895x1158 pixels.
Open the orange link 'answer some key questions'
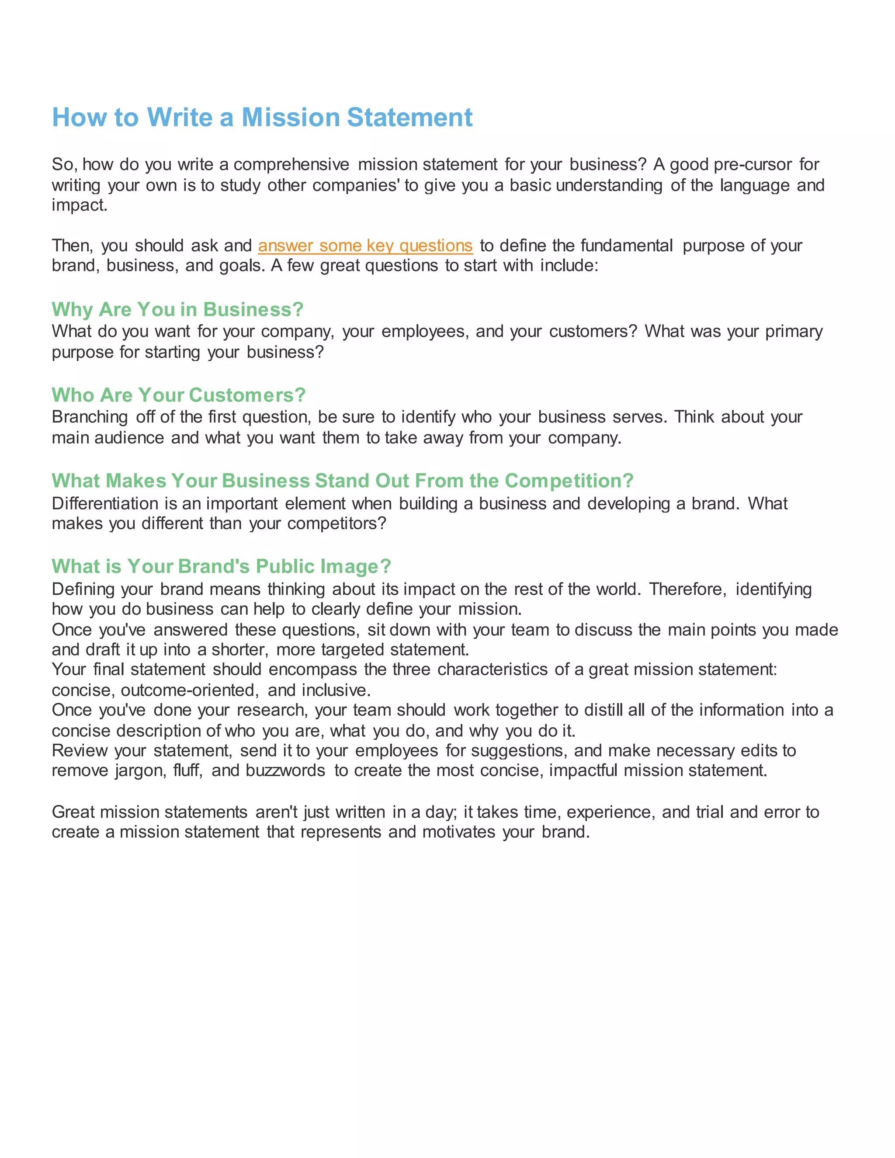(365, 246)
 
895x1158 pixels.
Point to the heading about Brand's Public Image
(221, 566)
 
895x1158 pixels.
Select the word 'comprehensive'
(291, 164)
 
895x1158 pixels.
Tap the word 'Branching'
(90, 417)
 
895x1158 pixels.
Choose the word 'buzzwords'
(285, 770)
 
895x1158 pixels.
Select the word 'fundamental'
(627, 246)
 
